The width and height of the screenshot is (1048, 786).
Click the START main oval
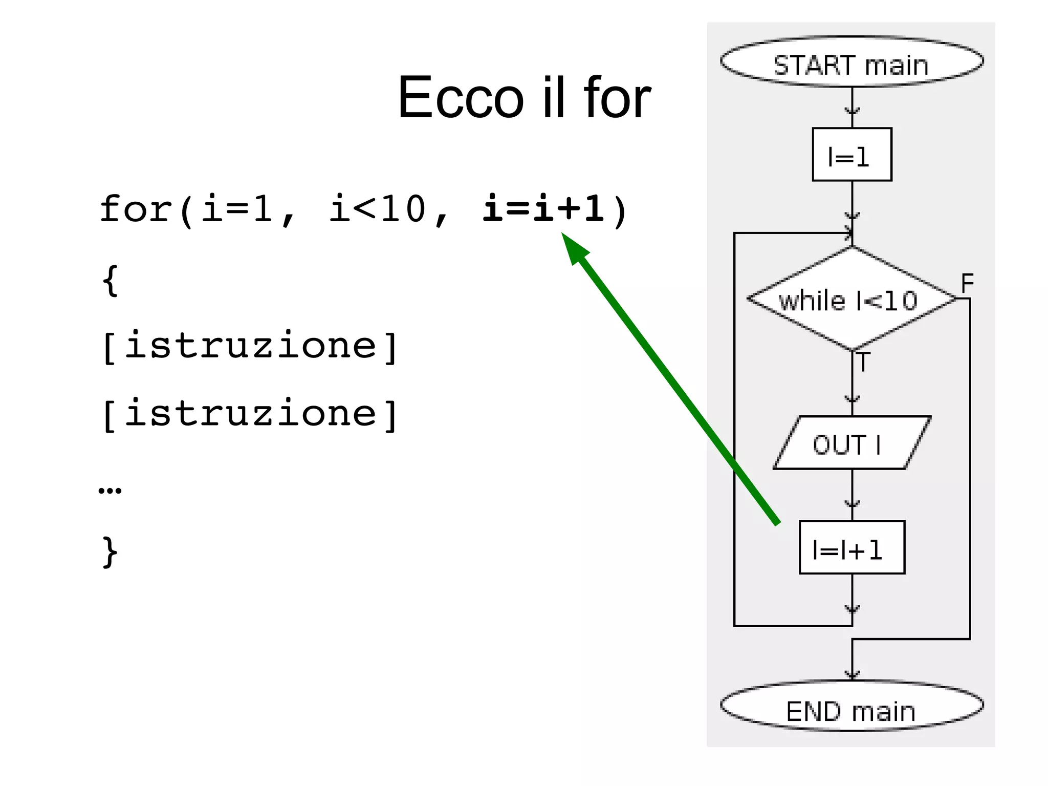point(851,61)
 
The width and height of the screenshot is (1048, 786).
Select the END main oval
point(851,707)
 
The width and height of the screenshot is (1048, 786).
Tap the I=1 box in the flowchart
point(851,155)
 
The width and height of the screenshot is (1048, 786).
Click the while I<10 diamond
point(851,299)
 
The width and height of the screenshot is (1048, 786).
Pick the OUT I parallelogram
point(851,443)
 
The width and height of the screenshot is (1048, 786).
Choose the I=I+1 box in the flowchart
point(851,548)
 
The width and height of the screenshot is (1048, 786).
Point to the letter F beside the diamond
point(967,283)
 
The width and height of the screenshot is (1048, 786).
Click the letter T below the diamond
point(863,363)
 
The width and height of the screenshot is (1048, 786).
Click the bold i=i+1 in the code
point(543,209)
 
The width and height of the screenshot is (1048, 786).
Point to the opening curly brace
point(111,280)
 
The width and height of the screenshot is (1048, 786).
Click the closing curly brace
point(111,552)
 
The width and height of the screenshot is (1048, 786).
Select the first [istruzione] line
point(250,346)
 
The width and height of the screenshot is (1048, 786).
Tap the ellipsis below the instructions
point(110,491)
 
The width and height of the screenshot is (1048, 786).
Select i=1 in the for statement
point(237,209)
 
